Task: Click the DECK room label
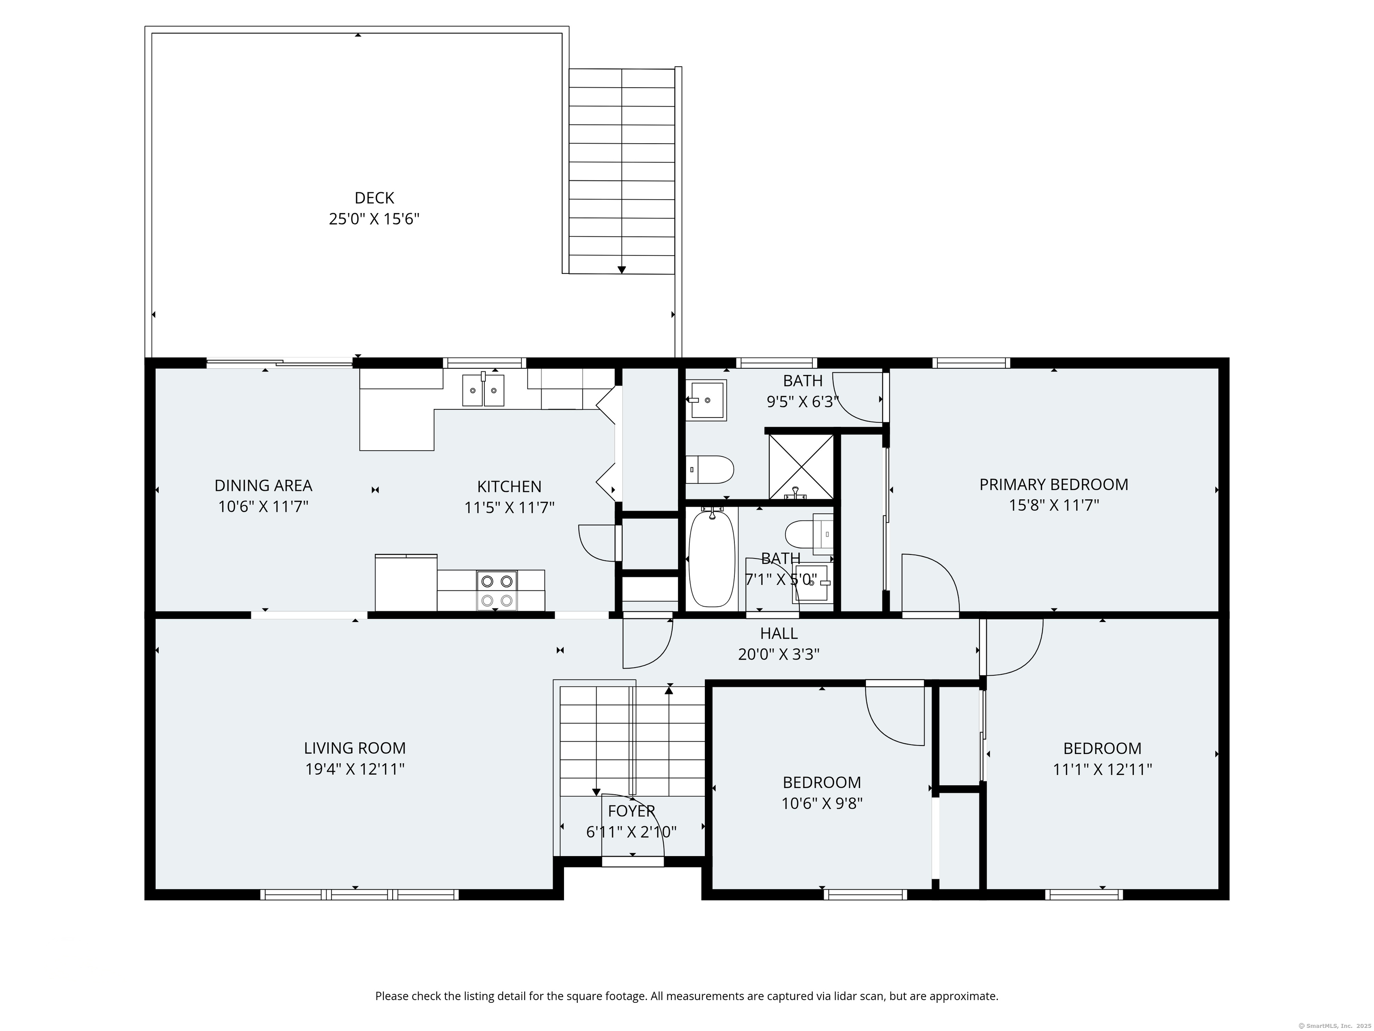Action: [x=374, y=198]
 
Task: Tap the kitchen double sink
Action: [x=483, y=390]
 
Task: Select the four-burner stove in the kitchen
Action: [x=497, y=590]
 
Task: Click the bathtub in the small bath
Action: [x=712, y=558]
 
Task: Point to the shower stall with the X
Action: [x=801, y=466]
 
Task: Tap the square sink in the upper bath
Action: [x=706, y=400]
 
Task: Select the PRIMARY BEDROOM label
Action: [x=1053, y=484]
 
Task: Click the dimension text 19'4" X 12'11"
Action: [x=355, y=769]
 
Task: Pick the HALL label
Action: [x=779, y=633]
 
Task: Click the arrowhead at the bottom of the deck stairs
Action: [x=621, y=270]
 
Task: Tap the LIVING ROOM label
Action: [x=355, y=748]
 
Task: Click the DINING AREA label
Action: [x=263, y=486]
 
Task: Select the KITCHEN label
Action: [x=509, y=486]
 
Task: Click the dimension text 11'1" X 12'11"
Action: [x=1103, y=769]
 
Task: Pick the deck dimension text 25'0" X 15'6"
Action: [x=374, y=219]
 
